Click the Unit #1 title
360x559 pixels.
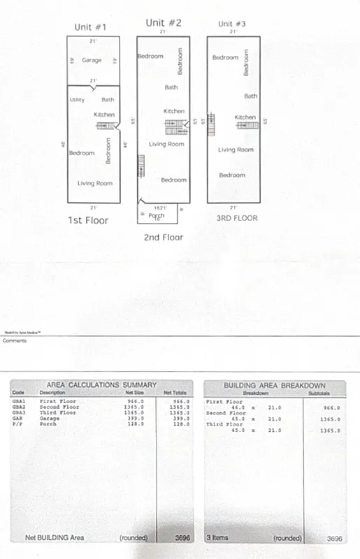(90, 27)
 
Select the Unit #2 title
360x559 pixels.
(164, 23)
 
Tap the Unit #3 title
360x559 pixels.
(232, 24)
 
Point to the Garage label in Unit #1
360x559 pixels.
(92, 61)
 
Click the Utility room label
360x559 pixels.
(77, 100)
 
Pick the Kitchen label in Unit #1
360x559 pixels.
(104, 115)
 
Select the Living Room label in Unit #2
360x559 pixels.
(166, 145)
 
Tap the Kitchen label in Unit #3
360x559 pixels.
(245, 117)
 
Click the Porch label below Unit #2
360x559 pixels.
(157, 215)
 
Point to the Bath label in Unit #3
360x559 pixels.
(250, 96)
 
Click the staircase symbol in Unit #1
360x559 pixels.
(105, 126)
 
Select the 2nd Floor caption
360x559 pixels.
(163, 238)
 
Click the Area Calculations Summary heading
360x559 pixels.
(101, 385)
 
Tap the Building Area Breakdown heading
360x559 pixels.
(274, 385)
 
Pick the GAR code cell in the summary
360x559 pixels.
(17, 419)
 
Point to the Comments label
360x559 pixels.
(15, 341)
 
